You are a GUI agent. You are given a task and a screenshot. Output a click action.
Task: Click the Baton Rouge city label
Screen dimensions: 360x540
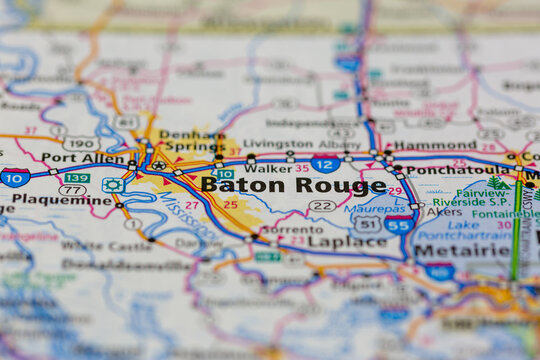(x=292, y=185)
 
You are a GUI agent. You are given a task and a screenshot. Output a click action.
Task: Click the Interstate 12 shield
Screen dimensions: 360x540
(x=325, y=164)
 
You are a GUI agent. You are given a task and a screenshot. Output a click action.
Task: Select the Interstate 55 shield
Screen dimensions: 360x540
(x=398, y=224)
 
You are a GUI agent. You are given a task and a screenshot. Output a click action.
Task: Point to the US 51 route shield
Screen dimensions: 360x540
(x=368, y=224)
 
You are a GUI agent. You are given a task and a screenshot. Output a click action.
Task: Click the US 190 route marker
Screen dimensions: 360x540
(x=80, y=143)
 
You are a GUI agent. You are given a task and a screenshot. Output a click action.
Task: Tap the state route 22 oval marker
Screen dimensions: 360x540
(x=321, y=206)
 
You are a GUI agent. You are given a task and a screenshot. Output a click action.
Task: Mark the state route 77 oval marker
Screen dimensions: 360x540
(x=72, y=189)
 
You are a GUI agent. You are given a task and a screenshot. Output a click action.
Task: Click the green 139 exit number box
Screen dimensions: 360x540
(x=76, y=178)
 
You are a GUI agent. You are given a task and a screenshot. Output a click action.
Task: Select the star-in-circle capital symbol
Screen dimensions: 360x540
(x=158, y=165)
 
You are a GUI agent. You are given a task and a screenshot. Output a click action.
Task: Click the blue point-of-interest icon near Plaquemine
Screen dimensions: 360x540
(x=113, y=185)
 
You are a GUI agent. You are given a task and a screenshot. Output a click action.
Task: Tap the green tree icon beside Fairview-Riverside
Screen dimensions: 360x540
(x=497, y=183)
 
